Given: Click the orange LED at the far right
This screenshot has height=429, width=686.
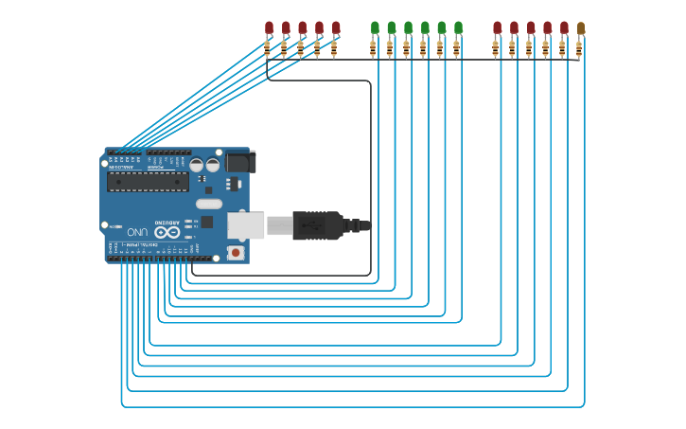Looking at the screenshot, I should pyautogui.click(x=581, y=28).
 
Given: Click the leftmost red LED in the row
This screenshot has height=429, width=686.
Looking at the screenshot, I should pyautogui.click(x=269, y=27).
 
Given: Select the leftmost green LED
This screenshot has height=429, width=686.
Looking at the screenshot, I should pyautogui.click(x=375, y=27).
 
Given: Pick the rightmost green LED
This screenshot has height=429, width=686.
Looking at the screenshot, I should pyautogui.click(x=458, y=27).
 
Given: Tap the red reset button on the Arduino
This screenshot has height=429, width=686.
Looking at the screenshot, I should pyautogui.click(x=235, y=253).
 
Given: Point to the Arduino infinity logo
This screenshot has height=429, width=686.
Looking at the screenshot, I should pyautogui.click(x=167, y=232).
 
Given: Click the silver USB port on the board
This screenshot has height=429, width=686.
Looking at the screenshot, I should pyautogui.click(x=245, y=224).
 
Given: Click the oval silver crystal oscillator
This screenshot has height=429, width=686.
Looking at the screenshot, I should pyautogui.click(x=209, y=204).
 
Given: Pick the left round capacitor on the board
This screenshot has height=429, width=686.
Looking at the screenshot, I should pyautogui.click(x=196, y=164).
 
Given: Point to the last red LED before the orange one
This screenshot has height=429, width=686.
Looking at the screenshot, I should pyautogui.click(x=564, y=27).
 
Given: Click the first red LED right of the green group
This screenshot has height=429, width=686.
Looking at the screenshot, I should pyautogui.click(x=497, y=27).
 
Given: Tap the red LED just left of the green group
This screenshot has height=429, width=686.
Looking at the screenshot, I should pyautogui.click(x=336, y=27).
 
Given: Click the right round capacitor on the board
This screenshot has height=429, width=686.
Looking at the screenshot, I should pyautogui.click(x=213, y=164).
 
